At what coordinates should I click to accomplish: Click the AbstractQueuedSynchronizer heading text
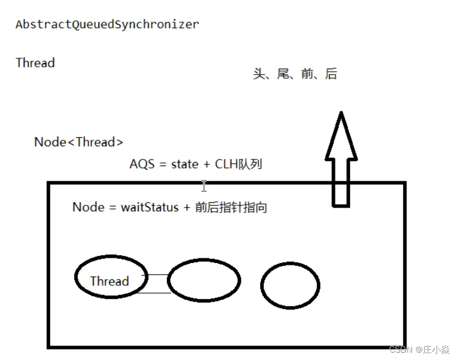[107, 25]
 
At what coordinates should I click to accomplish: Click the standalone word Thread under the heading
[35, 63]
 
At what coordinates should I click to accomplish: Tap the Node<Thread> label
[78, 142]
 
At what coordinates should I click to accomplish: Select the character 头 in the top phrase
[259, 74]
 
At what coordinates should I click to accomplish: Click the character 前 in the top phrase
[307, 74]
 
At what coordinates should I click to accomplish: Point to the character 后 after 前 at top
[331, 74]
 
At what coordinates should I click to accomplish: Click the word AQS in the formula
[142, 164]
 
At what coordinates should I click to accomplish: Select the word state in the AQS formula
[184, 164]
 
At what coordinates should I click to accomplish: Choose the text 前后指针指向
[231, 207]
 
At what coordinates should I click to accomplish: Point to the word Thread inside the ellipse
[109, 281]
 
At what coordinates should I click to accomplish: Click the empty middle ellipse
[204, 281]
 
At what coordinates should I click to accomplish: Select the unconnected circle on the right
[290, 285]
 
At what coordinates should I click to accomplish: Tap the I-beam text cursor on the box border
[204, 185]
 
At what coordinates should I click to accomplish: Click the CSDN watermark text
[400, 350]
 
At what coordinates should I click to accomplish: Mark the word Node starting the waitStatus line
[88, 207]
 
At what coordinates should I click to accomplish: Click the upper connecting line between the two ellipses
[157, 275]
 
